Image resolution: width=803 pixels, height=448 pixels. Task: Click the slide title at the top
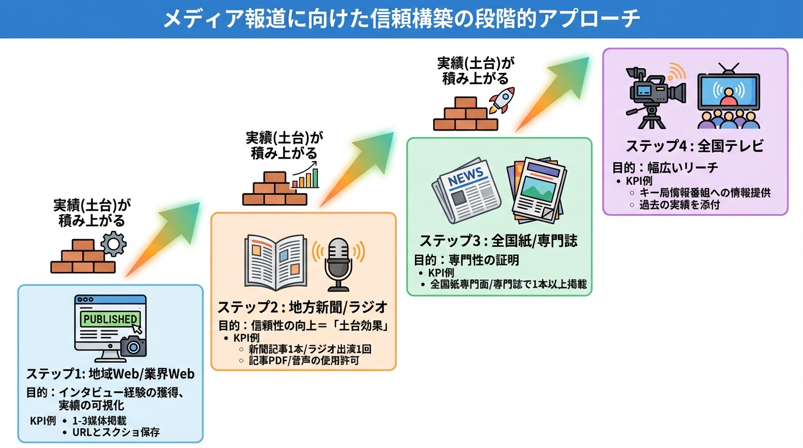pos(401,19)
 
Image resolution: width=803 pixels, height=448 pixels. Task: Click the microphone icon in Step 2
pos(338,263)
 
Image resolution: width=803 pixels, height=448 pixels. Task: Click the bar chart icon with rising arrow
pos(306,175)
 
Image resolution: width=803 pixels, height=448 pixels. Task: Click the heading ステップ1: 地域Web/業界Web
pos(110,373)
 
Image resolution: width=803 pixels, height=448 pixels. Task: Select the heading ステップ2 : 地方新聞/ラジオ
pos(303,307)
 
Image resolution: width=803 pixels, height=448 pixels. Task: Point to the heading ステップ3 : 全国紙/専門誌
pos(498,241)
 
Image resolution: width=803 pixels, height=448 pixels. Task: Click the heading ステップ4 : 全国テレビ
pos(694,146)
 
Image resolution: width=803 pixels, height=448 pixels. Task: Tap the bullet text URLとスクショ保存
pos(116,432)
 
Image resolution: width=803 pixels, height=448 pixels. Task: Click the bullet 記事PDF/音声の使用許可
pos(303,360)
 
